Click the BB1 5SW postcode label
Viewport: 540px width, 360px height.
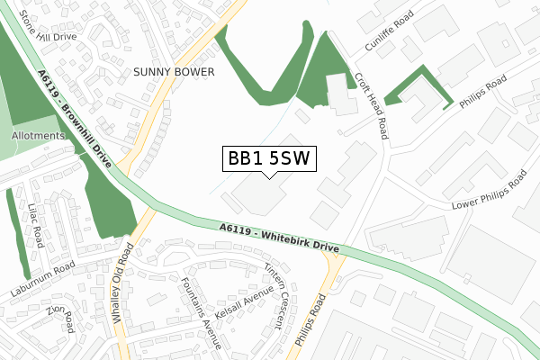point(268,158)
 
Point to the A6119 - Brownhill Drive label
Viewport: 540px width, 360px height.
point(76,118)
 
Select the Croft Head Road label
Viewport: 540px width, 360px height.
point(371,106)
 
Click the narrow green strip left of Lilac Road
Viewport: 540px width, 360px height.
point(17,233)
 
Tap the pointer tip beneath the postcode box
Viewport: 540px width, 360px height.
point(268,176)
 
